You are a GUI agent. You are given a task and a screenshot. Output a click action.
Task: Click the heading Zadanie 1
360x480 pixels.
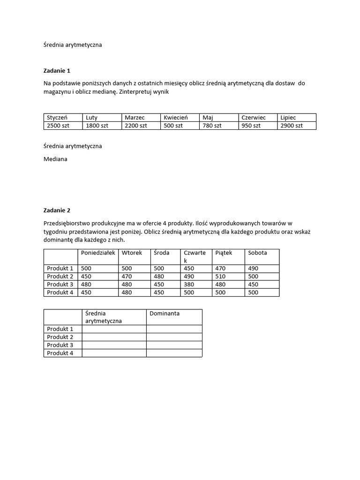click(57, 71)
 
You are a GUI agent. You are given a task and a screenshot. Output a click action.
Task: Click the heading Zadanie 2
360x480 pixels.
click(57, 210)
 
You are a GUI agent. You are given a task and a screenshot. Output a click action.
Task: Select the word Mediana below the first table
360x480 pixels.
click(55, 159)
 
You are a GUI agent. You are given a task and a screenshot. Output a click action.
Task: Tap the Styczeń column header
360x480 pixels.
click(58, 118)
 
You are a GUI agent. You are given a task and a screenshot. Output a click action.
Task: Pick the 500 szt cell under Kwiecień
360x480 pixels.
click(173, 126)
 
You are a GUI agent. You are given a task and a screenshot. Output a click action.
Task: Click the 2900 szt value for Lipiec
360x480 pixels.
click(292, 126)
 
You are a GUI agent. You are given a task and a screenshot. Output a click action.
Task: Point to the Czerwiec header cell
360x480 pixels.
click(254, 118)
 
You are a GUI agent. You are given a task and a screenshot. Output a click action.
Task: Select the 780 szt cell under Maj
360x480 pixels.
click(212, 126)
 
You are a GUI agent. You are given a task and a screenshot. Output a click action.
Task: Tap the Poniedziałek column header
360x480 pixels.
click(98, 253)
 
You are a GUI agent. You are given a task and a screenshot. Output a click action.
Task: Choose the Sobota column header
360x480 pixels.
click(257, 253)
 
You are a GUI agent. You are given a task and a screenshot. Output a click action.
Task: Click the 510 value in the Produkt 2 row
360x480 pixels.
click(220, 277)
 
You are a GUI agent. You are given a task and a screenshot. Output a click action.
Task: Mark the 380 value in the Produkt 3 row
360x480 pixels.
click(189, 285)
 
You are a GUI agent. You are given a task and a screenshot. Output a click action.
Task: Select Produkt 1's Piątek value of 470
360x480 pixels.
click(220, 269)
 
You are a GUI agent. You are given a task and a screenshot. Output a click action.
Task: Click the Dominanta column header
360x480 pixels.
click(165, 313)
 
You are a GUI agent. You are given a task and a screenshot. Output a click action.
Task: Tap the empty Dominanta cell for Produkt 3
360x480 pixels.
click(174, 345)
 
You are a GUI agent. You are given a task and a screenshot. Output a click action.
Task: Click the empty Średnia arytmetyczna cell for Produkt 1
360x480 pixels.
click(114, 329)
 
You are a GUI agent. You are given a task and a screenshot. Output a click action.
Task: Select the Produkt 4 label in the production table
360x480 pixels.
click(60, 292)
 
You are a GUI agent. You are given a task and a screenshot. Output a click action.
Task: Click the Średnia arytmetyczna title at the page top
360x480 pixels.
click(73, 45)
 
